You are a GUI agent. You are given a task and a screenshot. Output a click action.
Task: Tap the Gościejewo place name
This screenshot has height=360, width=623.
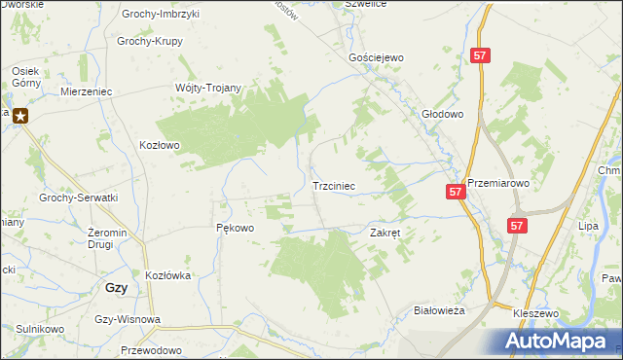(x=376, y=58)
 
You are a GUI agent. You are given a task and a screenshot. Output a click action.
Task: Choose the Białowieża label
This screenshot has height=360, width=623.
(x=439, y=309)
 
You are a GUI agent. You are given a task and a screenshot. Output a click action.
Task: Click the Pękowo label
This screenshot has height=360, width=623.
(x=234, y=229)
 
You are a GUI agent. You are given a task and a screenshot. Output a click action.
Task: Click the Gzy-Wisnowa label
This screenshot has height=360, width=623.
(x=128, y=319)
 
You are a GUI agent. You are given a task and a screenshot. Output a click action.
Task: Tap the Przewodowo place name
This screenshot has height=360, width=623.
(x=152, y=350)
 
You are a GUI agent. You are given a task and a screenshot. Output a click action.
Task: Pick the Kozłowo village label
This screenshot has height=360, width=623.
(x=161, y=145)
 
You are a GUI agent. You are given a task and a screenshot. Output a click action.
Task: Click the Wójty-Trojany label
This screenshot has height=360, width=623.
(x=207, y=88)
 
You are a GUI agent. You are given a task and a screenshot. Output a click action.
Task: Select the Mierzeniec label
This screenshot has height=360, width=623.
(x=87, y=90)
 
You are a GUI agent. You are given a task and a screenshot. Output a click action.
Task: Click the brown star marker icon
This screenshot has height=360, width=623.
(x=19, y=115)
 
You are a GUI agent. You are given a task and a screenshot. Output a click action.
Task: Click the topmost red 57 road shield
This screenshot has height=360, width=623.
(x=479, y=56)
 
